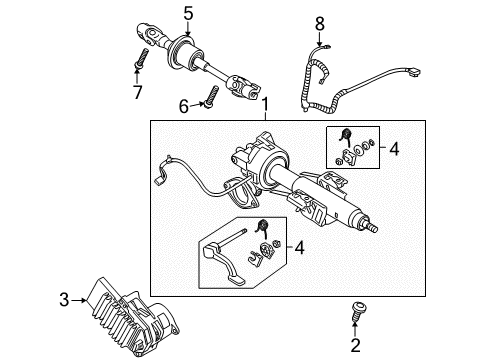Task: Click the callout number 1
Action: coord(265,103)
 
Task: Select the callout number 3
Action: coord(64,299)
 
